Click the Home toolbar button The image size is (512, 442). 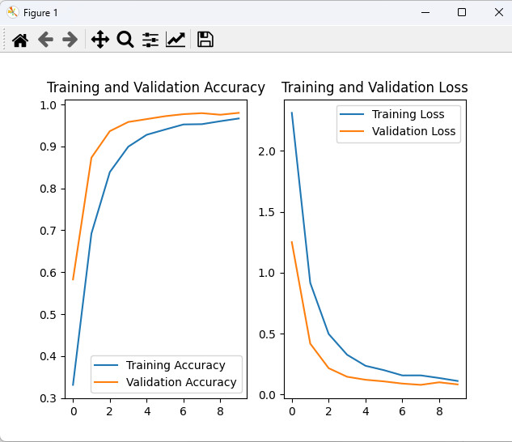[20, 40]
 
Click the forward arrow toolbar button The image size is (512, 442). [70, 40]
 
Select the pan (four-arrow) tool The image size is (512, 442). [100, 40]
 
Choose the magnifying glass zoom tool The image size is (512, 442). [125, 40]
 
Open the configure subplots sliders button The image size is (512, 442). [150, 40]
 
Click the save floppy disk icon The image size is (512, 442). [205, 40]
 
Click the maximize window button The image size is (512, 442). [462, 13]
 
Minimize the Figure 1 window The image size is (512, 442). [425, 13]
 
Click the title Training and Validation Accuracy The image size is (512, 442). [156, 88]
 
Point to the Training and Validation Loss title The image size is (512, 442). [374, 88]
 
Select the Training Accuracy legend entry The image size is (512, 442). [176, 365]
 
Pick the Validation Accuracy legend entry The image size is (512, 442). [181, 382]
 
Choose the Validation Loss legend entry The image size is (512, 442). [413, 131]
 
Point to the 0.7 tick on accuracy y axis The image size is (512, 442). [49, 231]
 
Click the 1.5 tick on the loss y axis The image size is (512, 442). [267, 212]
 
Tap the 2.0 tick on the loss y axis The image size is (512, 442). [267, 151]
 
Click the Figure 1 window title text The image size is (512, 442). [40, 13]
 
